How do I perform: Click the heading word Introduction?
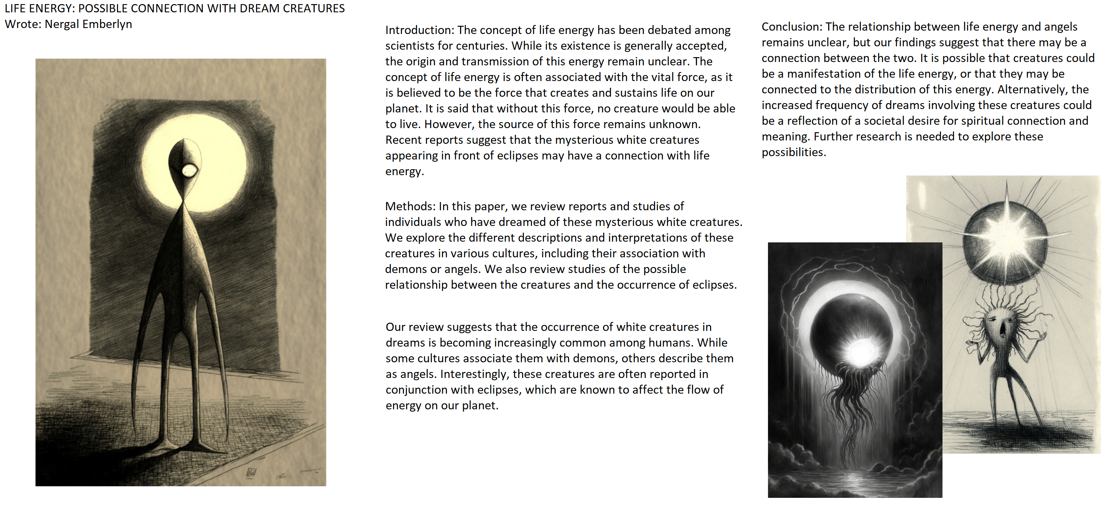(x=419, y=30)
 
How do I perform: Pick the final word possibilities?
(x=793, y=152)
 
